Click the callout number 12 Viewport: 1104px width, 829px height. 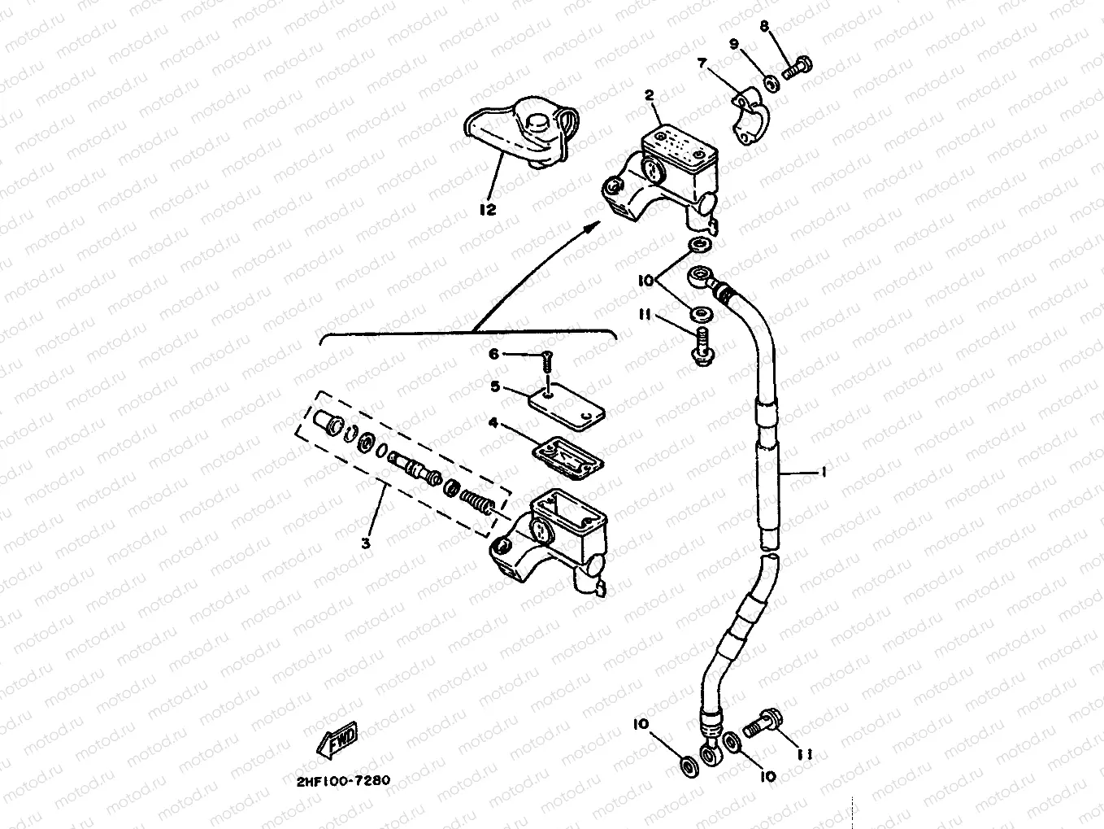[x=487, y=209]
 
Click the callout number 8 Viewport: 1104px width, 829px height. [x=764, y=27]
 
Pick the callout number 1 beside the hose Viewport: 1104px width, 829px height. [x=823, y=471]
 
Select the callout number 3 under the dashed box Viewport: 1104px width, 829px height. [x=366, y=543]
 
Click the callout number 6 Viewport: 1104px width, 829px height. [x=493, y=354]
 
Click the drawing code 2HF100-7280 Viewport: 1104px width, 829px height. [x=337, y=780]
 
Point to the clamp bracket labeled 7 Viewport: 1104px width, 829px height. [x=747, y=119]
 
